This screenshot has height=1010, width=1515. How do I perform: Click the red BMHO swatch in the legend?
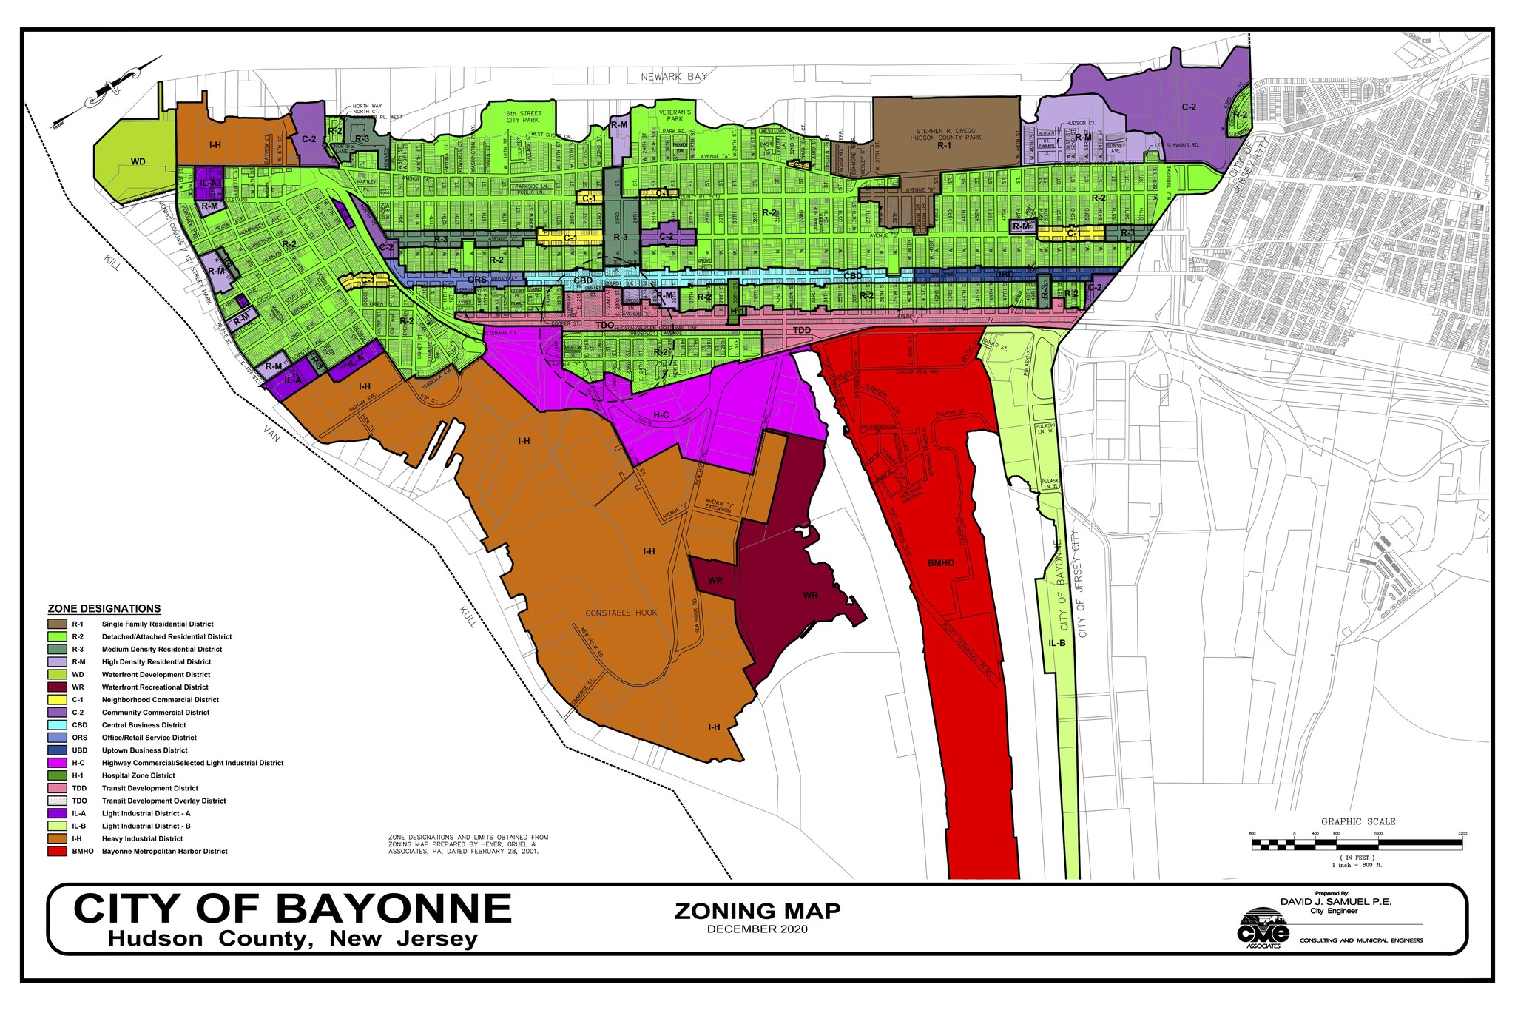pos(57,851)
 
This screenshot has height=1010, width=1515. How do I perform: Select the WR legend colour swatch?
pos(57,687)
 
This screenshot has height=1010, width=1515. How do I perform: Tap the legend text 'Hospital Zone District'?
pos(138,775)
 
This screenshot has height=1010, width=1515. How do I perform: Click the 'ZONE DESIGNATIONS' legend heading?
pos(104,609)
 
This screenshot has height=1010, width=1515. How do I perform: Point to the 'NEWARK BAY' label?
pos(674,76)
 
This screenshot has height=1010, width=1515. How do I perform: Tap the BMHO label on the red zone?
pos(941,563)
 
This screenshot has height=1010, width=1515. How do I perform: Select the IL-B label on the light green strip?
pos(1057,643)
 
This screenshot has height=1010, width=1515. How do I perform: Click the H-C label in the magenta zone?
pos(661,416)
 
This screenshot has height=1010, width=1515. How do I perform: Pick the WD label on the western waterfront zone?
pos(138,161)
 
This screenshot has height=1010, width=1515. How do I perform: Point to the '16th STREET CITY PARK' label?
pos(523,117)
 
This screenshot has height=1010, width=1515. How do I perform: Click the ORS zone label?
pos(478,280)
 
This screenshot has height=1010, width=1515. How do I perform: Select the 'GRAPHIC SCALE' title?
pos(1358,821)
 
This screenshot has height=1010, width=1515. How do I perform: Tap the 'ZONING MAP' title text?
pos(757,911)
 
